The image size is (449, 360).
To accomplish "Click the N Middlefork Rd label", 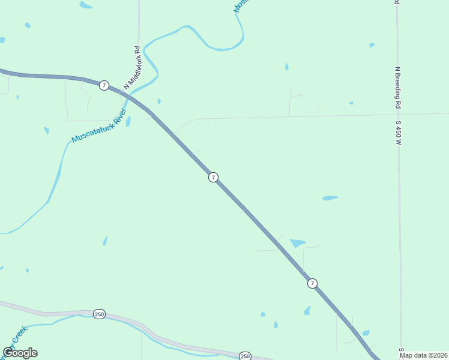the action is click(132, 68).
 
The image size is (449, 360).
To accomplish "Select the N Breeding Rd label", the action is click(397, 88).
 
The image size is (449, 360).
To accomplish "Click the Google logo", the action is click(20, 353).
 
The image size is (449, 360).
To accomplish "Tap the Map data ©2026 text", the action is click(423, 355).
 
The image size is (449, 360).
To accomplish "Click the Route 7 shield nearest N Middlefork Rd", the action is click(104, 85).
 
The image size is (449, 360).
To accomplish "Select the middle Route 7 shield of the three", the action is click(213, 177).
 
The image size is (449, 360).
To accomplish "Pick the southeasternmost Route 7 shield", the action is click(312, 283).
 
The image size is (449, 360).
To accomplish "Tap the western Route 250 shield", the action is click(99, 314).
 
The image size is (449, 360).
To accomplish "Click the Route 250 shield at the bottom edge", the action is click(245, 356).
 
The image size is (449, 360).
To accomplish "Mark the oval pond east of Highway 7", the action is click(330, 198).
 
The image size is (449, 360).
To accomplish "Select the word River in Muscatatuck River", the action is click(117, 117).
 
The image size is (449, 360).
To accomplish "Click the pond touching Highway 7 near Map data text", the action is click(366, 333).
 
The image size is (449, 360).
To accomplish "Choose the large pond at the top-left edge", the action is click(86, 5).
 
